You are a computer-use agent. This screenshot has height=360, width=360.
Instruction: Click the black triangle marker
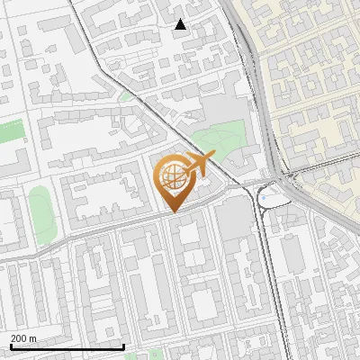coord(181,24)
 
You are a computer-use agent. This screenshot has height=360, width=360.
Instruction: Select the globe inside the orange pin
coord(172,177)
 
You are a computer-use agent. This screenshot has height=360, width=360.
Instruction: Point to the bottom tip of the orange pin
coord(174,211)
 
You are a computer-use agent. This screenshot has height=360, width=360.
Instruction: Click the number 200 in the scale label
coord(19,338)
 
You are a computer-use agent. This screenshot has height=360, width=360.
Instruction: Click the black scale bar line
coord(67,346)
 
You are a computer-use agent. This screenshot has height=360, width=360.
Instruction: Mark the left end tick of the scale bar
coord(11,345)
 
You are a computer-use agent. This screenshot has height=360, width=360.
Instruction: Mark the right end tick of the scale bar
coord(123,345)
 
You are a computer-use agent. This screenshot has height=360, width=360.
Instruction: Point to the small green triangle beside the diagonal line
coord(125,94)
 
